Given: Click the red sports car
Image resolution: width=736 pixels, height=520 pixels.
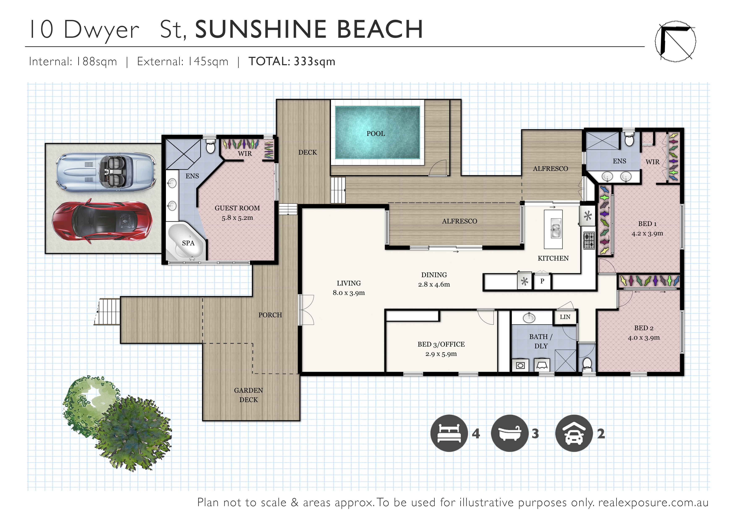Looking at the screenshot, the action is coord(102,221).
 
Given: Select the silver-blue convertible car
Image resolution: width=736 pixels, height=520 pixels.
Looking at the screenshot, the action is coord(106,172).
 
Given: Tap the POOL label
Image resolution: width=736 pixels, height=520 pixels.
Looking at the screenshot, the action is coord(376,134).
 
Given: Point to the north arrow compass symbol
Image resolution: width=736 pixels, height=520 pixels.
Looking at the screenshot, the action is coord(675,41).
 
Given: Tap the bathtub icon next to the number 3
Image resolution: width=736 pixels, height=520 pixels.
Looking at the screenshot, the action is coord(509,433).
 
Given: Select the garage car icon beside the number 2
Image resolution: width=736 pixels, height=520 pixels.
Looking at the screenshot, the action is coord(574,433).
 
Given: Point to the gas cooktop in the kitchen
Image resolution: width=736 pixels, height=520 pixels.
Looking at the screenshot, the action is coord(589,240).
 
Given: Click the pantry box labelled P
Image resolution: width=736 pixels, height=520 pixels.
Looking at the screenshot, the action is coord(542,281).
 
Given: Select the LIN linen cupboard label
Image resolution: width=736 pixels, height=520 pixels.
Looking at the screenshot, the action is coord(565,317).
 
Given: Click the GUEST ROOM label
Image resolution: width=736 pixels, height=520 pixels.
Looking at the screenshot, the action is coord(237,208).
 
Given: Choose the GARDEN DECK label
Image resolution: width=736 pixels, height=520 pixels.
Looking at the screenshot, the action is coord(248,395).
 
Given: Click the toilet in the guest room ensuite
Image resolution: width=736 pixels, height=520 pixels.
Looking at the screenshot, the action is coord(210,146).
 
